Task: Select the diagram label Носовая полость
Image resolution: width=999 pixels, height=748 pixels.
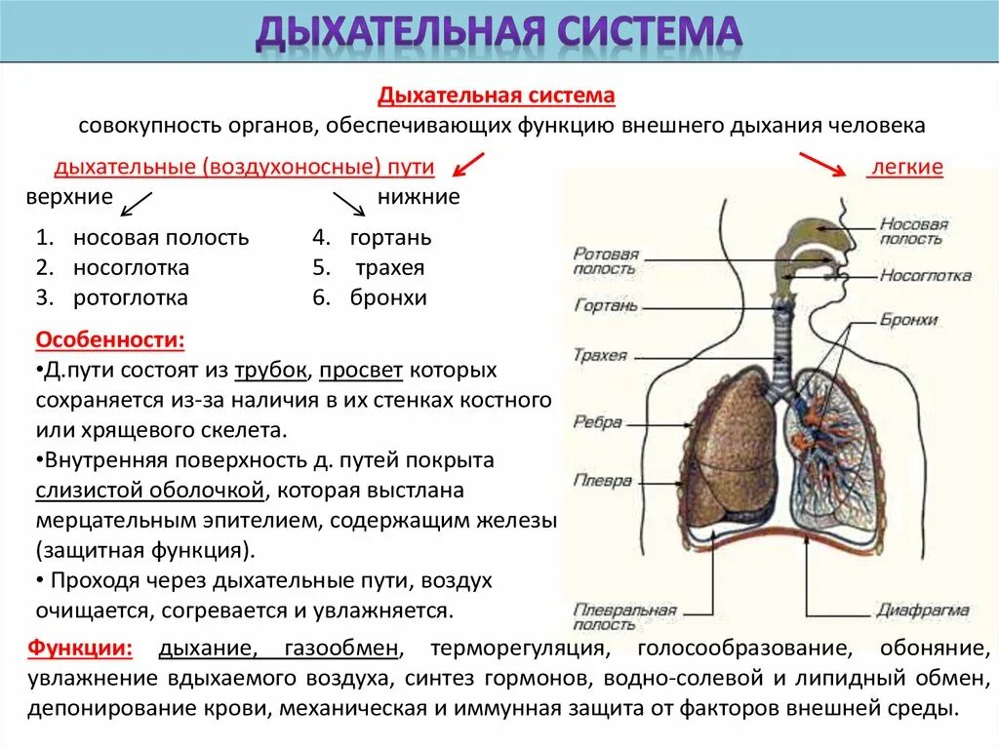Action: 913,232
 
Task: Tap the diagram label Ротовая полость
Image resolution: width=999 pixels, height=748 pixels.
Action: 605,260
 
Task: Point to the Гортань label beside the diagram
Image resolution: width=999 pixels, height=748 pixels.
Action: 605,305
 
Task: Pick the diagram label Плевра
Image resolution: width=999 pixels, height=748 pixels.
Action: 602,481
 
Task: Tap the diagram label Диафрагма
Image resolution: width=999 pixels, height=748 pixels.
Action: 922,611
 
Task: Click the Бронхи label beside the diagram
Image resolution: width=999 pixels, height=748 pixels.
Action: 908,320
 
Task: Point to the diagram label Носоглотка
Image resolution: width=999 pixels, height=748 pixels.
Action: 925,275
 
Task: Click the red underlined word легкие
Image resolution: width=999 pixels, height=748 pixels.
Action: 906,168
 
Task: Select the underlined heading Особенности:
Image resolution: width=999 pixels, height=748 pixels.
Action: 109,341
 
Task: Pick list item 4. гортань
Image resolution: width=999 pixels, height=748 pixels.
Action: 372,237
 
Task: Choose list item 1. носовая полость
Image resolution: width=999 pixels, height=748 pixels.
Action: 142,237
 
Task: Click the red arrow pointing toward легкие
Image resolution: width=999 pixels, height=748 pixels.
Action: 822,165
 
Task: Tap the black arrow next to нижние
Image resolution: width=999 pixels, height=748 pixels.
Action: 348,203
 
